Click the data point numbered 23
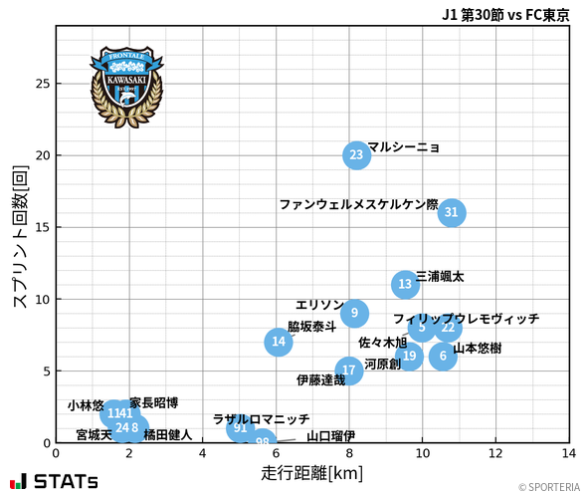[356, 155]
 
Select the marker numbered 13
[405, 285]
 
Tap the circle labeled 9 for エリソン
[355, 314]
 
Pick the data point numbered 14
[280, 343]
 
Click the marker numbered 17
[348, 370]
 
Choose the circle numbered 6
[443, 357]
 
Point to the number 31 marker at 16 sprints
[452, 212]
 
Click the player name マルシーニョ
[403, 147]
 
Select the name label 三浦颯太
[440, 276]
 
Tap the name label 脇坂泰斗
[312, 326]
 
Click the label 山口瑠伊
[330, 436]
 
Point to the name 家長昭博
[154, 403]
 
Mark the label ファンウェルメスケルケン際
[358, 204]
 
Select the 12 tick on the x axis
[495, 453]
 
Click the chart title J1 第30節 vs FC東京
[505, 15]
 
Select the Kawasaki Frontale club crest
[126, 83]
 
